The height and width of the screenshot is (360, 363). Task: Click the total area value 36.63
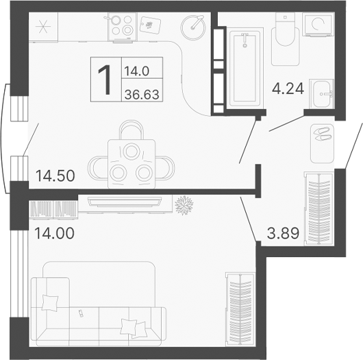142,94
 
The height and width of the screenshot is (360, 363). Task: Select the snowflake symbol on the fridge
44,28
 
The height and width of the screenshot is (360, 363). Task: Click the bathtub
245,67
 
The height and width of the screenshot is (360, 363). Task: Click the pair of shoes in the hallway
320,134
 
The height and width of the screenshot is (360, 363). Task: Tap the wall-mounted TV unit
124,201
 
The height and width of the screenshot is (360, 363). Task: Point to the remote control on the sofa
82,313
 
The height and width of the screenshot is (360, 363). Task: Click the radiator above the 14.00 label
53,207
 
